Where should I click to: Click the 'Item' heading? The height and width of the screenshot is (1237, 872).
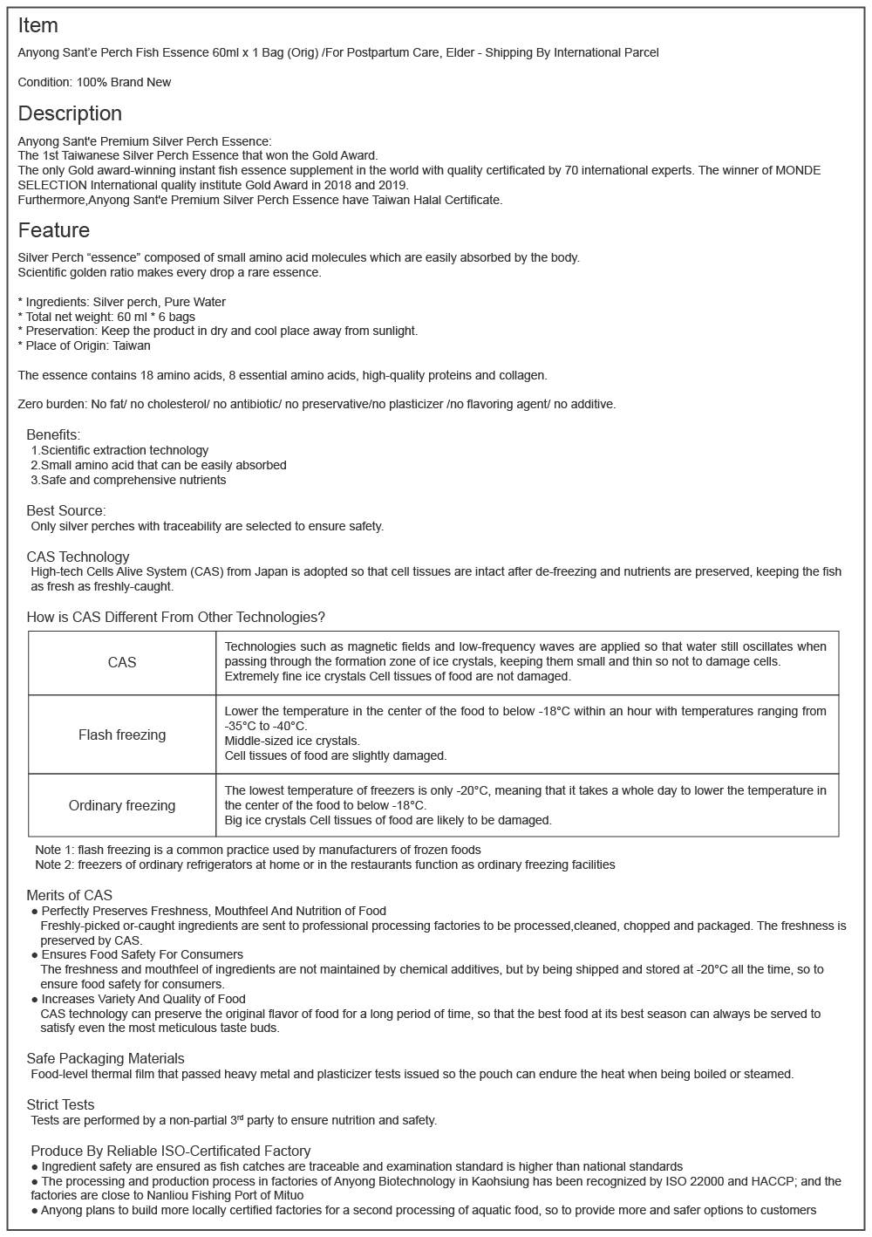[x=37, y=26]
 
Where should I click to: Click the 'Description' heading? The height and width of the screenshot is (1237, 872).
[x=70, y=113]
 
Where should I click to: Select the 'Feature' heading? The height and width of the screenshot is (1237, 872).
[x=53, y=230]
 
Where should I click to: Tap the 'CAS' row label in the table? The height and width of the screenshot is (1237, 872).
[x=122, y=663]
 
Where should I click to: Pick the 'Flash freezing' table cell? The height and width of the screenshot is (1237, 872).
[x=122, y=735]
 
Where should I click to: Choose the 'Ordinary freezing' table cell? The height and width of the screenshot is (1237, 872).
[x=122, y=805]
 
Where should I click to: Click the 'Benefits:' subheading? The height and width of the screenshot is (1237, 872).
[x=53, y=434]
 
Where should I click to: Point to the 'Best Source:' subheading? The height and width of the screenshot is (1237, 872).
[x=66, y=510]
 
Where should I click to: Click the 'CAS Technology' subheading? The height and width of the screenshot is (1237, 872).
[x=78, y=557]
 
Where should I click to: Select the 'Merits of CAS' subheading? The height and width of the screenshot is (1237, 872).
[x=69, y=895]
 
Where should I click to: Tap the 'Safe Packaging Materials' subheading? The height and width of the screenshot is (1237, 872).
[x=106, y=1058]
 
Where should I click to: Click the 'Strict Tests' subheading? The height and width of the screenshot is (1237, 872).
[x=60, y=1104]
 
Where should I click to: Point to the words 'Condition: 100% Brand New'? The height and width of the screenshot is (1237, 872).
[x=94, y=82]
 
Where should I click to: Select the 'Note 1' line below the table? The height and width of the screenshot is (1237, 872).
[x=257, y=850]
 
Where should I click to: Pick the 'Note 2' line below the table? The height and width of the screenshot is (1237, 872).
[x=324, y=865]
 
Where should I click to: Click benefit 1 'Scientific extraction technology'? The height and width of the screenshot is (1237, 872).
[x=124, y=450]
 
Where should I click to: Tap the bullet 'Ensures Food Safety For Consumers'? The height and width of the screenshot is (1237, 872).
[x=142, y=954]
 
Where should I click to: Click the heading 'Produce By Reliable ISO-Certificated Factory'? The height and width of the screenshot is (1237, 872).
[x=170, y=1151]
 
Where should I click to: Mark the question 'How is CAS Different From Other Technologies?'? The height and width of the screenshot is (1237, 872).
[x=175, y=617]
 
